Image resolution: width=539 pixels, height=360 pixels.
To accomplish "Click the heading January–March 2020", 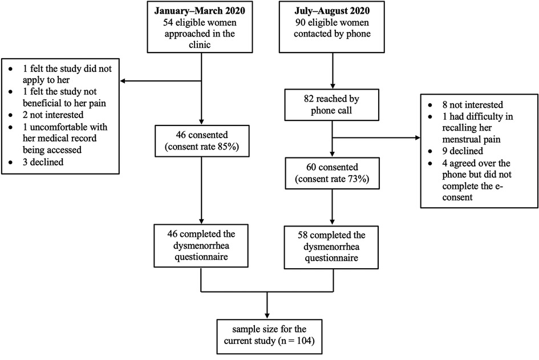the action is point(200,11).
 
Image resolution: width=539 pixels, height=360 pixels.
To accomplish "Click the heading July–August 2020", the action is point(332,11).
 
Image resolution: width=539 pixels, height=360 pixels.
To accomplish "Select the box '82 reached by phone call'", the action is point(332,105).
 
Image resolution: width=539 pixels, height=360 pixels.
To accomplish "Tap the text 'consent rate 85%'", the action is point(202,147).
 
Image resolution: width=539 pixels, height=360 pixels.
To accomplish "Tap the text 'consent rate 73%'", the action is point(332,179).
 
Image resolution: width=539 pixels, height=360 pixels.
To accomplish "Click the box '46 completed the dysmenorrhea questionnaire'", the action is point(201,246).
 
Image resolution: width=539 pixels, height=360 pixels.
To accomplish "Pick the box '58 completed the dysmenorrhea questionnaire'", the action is point(331,247).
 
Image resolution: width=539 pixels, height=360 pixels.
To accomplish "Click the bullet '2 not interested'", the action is point(53,115).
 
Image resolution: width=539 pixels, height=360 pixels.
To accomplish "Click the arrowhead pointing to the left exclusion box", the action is point(123,81).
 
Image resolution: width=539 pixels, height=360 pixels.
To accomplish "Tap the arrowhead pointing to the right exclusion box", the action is point(418,138).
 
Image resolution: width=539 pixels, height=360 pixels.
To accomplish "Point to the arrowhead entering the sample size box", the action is point(267,316).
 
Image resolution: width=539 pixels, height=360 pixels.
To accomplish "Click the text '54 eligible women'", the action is point(200,23).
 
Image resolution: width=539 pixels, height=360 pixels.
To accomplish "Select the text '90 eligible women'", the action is point(332,23).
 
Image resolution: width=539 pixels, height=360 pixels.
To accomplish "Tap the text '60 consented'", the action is point(332,167).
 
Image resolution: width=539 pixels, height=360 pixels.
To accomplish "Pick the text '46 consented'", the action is point(202,135).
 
